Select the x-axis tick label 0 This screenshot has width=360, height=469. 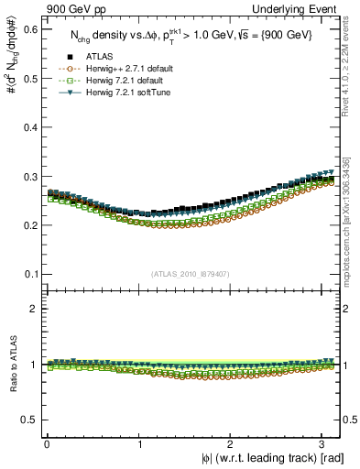click(x=47, y=443)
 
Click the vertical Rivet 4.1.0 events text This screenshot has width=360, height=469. click(x=351, y=82)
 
